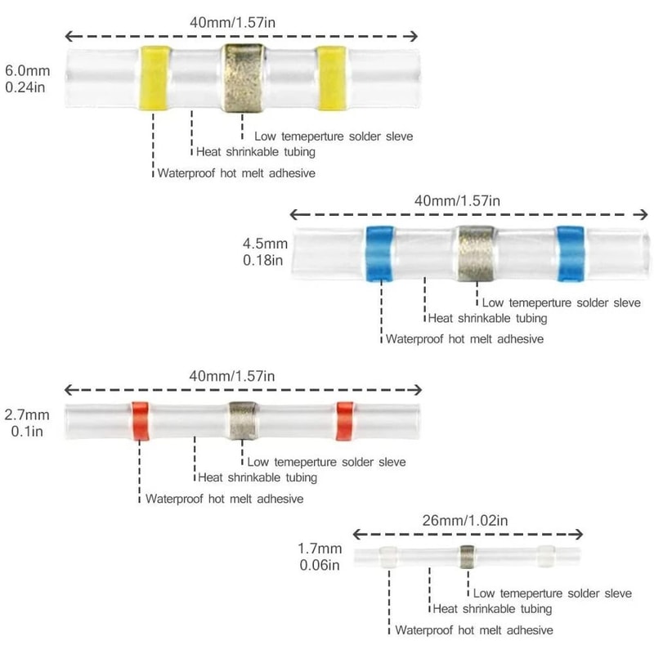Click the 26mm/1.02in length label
pyautogui.click(x=468, y=520)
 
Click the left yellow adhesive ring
pyautogui.click(x=154, y=78)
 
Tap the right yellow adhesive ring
pyautogui.click(x=330, y=78)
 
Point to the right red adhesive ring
pyautogui.click(x=345, y=422)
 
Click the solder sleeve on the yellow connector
pyautogui.click(x=243, y=78)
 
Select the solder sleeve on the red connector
pyautogui.click(x=242, y=422)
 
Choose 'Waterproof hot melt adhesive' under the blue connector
pyautogui.click(x=464, y=338)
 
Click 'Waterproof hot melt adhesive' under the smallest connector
pyautogui.click(x=474, y=630)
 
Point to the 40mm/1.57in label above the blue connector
pyautogui.click(x=458, y=200)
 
